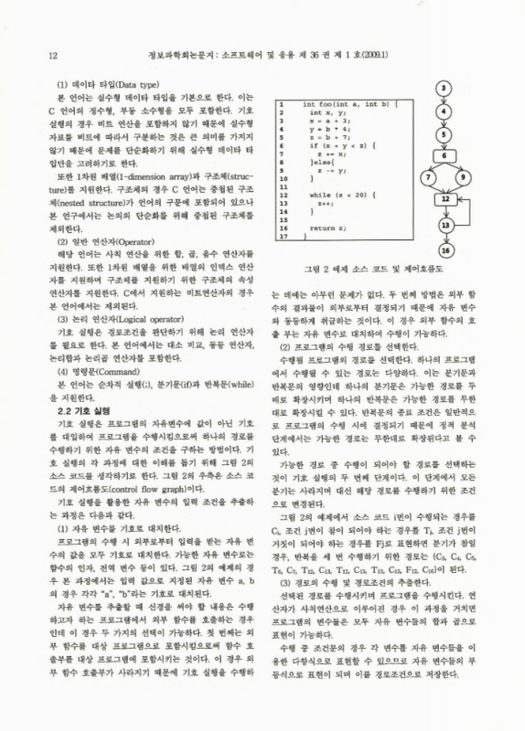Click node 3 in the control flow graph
point(443,90)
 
